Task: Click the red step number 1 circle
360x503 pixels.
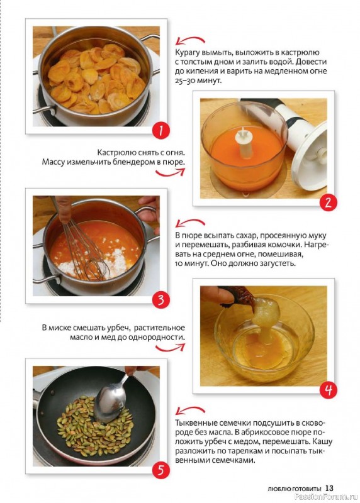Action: pos(160,130)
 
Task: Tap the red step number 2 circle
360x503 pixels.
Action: pos(328,202)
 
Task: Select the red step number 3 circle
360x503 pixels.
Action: pos(160,301)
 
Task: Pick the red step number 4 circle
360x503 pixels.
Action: pos(328,390)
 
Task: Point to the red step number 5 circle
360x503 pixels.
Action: pos(160,470)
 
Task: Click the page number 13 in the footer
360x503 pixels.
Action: pos(329,488)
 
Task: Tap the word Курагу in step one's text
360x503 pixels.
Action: pos(187,53)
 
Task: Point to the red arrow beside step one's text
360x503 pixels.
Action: pos(190,41)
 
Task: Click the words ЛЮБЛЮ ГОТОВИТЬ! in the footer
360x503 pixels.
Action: pos(294,489)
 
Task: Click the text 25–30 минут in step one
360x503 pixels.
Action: pos(198,80)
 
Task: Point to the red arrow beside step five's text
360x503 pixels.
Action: pos(190,411)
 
